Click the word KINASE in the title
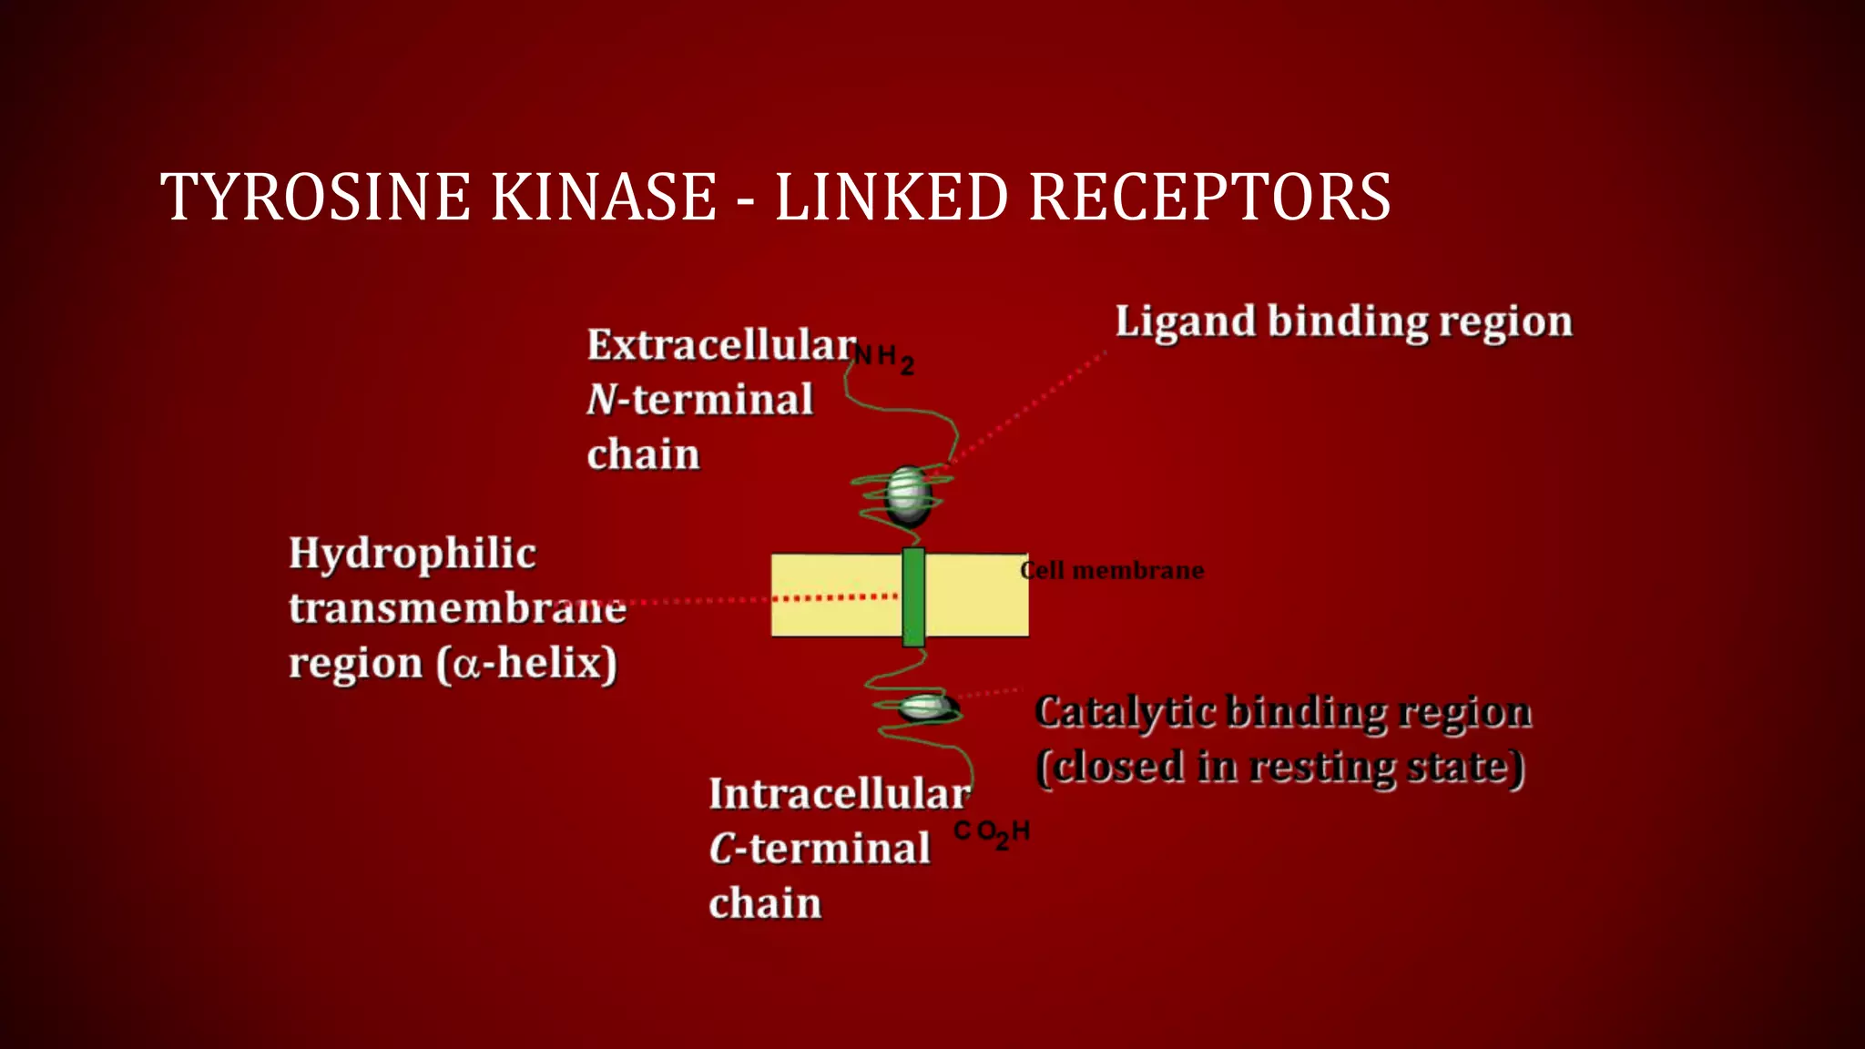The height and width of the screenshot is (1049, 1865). point(604,198)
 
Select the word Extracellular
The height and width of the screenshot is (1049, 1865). point(721,346)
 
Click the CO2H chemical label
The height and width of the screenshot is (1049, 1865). point(991,832)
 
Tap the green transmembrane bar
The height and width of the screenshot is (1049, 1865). point(913,597)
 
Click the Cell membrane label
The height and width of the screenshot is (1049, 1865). point(1112,571)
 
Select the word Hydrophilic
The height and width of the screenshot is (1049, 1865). point(412,555)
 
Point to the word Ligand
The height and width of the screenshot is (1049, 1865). point(1185,322)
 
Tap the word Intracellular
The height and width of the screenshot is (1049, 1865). point(839,794)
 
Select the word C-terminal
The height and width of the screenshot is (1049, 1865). point(819,849)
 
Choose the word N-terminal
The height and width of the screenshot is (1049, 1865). point(699,400)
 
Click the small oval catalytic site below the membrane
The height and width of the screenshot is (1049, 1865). point(925,708)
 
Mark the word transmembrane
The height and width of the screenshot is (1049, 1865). point(456,608)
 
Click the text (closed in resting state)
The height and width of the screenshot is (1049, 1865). point(1279,767)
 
